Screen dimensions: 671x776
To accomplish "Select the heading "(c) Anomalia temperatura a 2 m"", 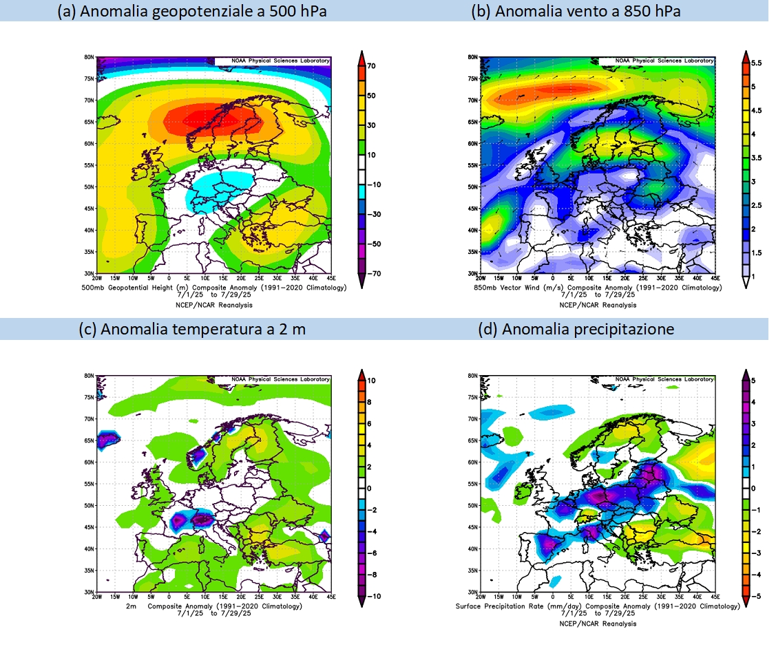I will click(193, 329).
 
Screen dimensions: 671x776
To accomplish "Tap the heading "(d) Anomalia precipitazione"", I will click(576, 329).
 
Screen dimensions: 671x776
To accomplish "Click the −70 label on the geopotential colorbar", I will click(372, 273).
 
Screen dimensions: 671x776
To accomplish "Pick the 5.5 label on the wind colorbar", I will click(756, 63).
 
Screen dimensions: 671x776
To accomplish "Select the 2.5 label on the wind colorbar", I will click(756, 206).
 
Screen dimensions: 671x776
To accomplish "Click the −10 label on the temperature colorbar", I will click(372, 597).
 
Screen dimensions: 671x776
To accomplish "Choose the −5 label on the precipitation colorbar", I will click(753, 596).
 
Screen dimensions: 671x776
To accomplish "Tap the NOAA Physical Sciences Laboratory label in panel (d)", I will click(664, 379).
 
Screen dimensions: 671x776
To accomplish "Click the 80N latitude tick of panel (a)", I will click(90, 57).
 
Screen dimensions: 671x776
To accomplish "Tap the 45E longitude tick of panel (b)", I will click(716, 279).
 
